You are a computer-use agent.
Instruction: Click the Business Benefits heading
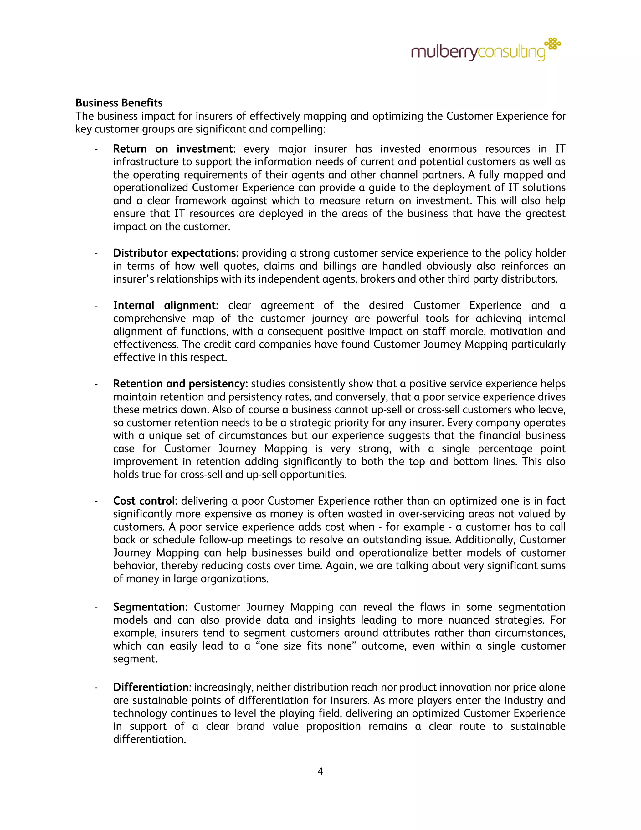(119, 103)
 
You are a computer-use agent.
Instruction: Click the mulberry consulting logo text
(478, 52)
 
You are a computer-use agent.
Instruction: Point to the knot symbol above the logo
(553, 44)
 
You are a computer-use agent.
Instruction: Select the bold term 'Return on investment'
(173, 148)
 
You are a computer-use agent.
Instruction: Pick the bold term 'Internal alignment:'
(166, 306)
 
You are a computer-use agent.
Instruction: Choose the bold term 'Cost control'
(144, 501)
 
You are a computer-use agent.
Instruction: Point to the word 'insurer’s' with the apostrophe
(133, 279)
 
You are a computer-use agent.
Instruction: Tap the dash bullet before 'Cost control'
(96, 501)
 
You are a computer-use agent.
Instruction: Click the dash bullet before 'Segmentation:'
(96, 607)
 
